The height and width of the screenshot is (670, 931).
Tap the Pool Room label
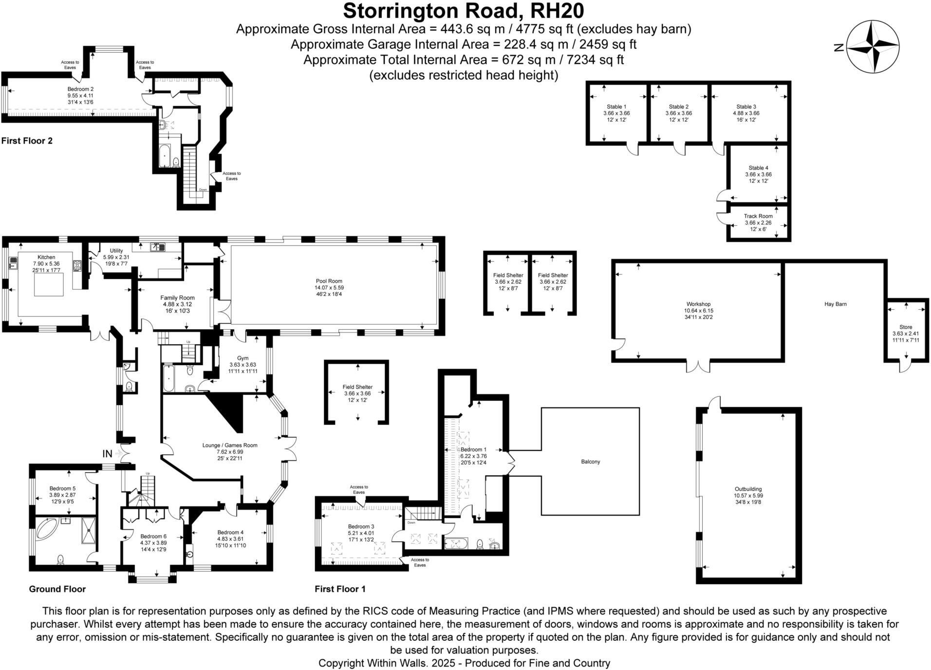[x=329, y=281]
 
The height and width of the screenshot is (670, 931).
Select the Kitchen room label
[x=46, y=257]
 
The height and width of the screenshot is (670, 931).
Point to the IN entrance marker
[x=107, y=454]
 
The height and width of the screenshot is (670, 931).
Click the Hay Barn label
[x=835, y=304]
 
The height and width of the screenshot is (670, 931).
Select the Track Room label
[x=758, y=216]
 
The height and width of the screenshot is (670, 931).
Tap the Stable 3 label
[x=746, y=107]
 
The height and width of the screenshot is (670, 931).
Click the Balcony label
[x=590, y=462]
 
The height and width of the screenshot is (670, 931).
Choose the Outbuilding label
[x=748, y=489]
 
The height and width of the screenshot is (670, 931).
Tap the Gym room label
[x=242, y=358]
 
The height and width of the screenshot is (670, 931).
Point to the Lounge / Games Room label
[x=230, y=445]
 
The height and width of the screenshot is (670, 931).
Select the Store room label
[x=906, y=327]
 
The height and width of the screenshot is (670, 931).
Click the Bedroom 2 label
[x=80, y=89]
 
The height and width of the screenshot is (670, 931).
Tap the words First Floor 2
[x=27, y=141]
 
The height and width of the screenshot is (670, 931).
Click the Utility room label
[x=116, y=251]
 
